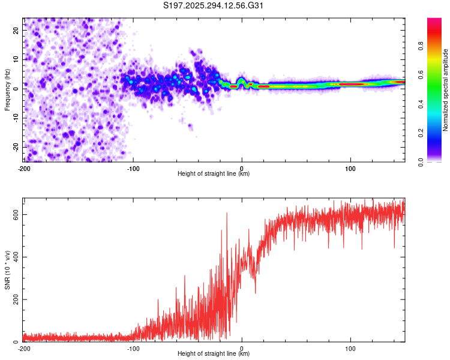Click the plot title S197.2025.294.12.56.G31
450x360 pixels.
214,5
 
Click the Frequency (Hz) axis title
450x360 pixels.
8,89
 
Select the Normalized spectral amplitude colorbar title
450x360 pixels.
446,90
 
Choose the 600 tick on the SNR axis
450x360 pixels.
13,214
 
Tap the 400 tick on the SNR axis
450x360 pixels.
13,257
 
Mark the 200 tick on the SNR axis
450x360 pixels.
13,299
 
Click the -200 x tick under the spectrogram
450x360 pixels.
23,167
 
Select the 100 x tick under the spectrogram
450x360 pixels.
350,167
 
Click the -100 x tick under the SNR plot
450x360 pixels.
133,348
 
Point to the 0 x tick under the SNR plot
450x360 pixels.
242,348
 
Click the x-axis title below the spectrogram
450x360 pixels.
214,174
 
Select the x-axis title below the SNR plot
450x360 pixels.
214,355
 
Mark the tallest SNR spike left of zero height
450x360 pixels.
227,213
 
